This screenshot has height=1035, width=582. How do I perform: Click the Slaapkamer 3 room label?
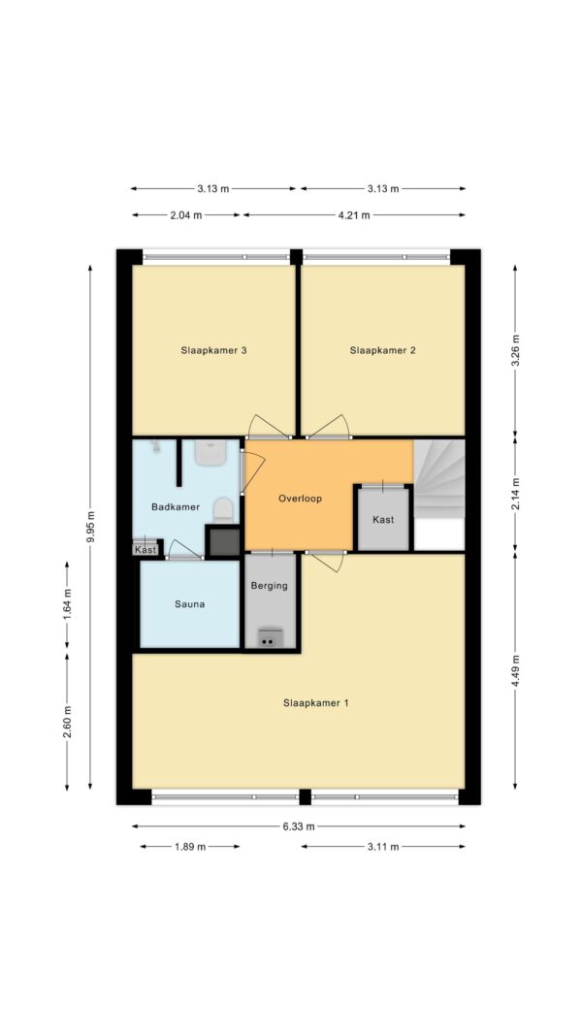tap(213, 350)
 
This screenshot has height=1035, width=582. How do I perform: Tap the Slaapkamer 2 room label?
tap(383, 350)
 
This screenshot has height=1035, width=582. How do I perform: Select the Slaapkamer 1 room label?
tap(316, 703)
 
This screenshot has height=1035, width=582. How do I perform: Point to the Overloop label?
tap(301, 499)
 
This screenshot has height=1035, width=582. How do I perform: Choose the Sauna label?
tap(189, 603)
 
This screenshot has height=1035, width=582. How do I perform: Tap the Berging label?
tap(270, 585)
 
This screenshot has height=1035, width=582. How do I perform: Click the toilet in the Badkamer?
tap(224, 510)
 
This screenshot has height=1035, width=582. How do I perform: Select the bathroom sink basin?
tap(211, 453)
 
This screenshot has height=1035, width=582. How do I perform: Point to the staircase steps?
tap(439, 479)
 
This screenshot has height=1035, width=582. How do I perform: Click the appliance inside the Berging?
tap(268, 637)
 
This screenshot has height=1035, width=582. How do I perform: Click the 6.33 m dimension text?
tap(299, 825)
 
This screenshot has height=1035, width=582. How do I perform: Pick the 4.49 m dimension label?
tap(515, 672)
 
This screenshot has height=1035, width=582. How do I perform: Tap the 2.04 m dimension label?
tap(187, 214)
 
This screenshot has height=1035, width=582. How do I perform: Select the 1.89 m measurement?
tap(189, 846)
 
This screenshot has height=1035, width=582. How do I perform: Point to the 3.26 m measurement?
tap(515, 350)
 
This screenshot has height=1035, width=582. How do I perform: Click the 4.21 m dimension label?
tap(354, 214)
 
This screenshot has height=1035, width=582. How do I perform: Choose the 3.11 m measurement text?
tap(383, 846)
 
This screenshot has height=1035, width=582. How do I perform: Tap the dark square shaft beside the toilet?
tap(223, 542)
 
